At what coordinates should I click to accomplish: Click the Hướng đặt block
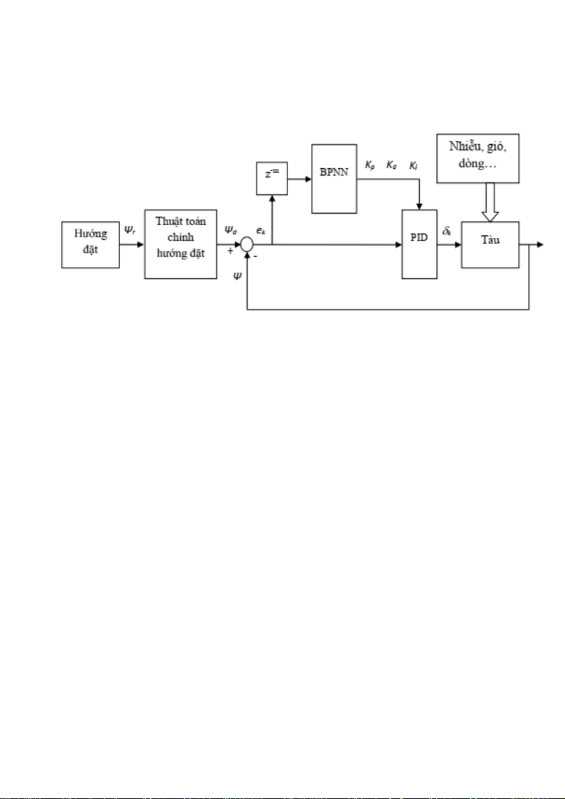coord(90,245)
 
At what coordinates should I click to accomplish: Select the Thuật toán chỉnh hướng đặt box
coord(181,244)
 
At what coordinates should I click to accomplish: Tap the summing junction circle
coord(247,245)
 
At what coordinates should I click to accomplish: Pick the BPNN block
coord(334,178)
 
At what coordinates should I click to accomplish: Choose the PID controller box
coord(420,244)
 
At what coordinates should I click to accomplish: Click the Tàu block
coord(490,245)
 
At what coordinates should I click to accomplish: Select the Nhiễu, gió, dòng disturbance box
coord(478,158)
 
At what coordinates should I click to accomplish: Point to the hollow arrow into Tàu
coord(490,202)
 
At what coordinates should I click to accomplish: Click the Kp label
coord(370,166)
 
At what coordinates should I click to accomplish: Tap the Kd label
coord(391,166)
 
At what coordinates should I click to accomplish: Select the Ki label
coord(413,166)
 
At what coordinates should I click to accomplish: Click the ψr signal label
coord(131,230)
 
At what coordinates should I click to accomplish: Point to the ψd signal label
coord(231,230)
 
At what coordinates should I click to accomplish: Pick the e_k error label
coord(260,231)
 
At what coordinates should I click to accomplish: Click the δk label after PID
coord(447,231)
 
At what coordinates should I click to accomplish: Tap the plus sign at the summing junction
coord(231,251)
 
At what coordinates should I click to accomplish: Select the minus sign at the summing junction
coord(255,256)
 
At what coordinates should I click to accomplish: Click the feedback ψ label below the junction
coord(237,276)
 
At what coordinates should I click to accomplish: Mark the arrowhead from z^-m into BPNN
coord(308,180)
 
